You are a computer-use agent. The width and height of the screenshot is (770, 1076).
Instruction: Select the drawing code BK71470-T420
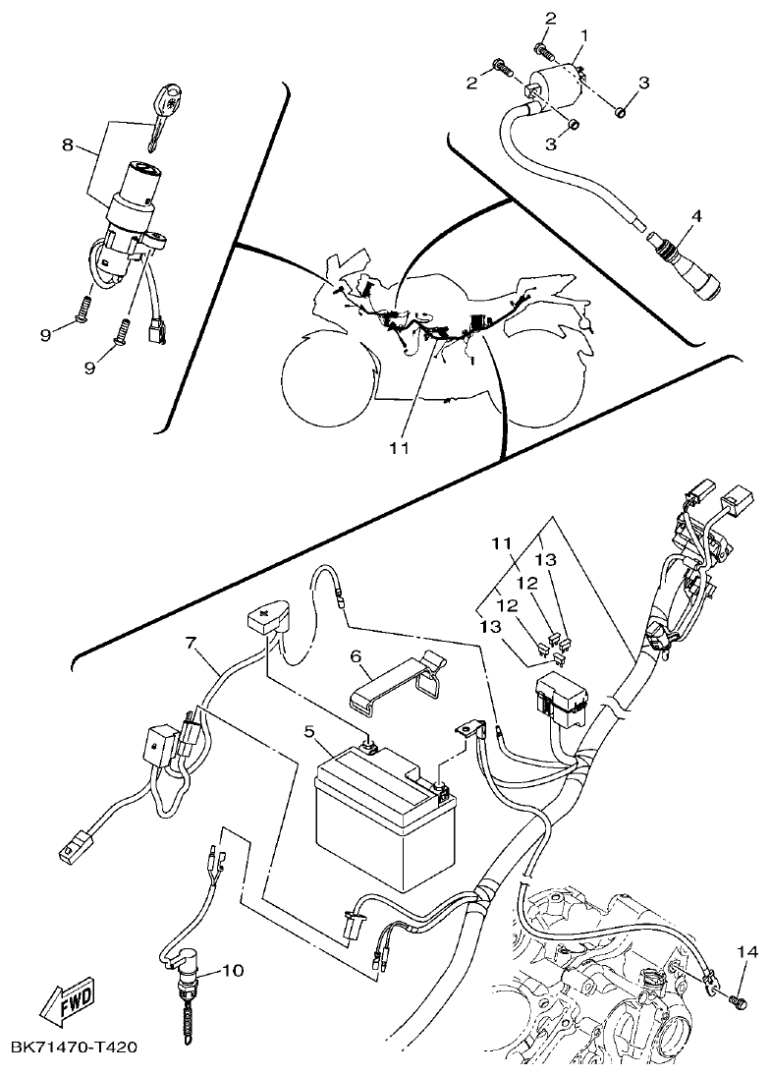pyautogui.click(x=74, y=1047)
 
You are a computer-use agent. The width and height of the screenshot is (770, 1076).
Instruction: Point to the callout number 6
pyautogui.click(x=357, y=654)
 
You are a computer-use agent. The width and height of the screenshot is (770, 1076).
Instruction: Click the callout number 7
pyautogui.click(x=192, y=644)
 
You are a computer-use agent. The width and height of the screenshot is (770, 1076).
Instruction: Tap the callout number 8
pyautogui.click(x=67, y=144)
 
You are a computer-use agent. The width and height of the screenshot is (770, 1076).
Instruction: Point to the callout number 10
pyautogui.click(x=232, y=971)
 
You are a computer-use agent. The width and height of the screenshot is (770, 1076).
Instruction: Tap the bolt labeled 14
pyautogui.click(x=739, y=1001)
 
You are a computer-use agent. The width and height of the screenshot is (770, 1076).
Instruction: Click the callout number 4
pyautogui.click(x=696, y=215)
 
